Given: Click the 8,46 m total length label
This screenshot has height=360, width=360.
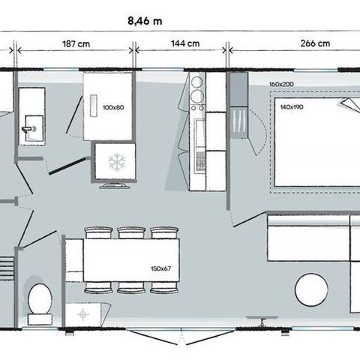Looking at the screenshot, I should point(145,19).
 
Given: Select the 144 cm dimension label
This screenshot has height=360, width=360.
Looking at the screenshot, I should point(183,43).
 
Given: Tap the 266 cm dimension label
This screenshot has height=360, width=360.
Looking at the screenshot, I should point(314,43).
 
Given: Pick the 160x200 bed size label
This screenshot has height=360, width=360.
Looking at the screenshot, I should point(282,85).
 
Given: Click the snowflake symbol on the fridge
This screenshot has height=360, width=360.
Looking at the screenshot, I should point(117,160).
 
